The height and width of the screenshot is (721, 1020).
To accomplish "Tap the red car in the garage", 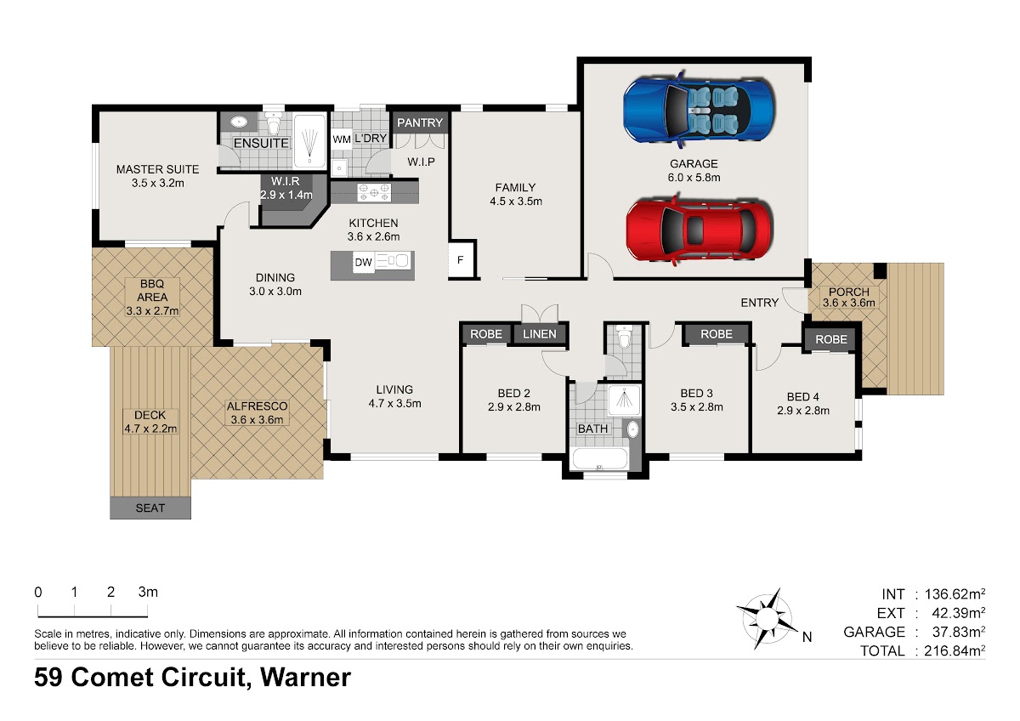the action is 699,230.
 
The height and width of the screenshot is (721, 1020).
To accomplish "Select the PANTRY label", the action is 420,122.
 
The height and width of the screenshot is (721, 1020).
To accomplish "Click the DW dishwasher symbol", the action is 364,263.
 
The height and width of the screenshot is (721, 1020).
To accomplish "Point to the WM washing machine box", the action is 342,139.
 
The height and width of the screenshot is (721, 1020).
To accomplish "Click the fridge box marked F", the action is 461,259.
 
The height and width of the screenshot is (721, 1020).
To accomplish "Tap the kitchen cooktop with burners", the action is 374,192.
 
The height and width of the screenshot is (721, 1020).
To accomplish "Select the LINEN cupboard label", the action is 540,334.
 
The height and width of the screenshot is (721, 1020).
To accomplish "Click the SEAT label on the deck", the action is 150,508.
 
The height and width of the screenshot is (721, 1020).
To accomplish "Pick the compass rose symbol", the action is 768,618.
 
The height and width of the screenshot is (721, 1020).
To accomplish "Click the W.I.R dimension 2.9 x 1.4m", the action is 286,195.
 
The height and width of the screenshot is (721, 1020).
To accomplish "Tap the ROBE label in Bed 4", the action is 831,339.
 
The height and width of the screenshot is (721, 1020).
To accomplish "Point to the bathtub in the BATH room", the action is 600,458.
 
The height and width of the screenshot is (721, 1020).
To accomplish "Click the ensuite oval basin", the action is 239,122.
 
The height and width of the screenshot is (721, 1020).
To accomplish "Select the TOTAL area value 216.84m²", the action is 955,650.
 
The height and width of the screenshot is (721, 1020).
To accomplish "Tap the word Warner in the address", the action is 305,677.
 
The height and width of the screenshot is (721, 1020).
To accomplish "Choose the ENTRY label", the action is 760,303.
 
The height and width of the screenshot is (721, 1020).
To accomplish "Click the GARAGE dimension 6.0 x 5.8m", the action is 694,178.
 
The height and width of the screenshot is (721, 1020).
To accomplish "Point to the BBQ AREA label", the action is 152,291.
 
